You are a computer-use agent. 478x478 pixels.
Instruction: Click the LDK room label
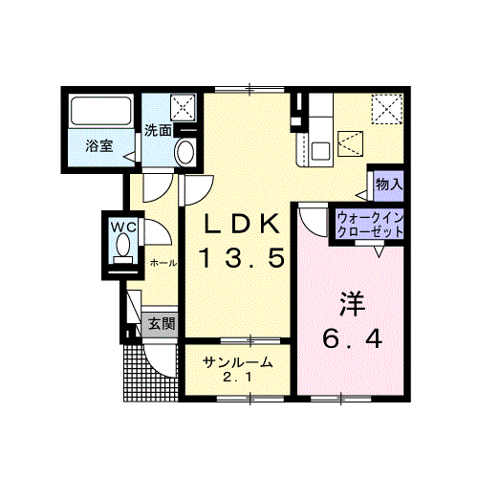click(x=242, y=224)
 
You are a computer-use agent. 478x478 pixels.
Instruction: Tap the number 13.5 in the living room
click(x=242, y=258)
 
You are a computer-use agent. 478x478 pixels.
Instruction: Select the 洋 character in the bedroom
click(x=352, y=304)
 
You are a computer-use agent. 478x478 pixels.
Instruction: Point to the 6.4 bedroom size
click(x=352, y=338)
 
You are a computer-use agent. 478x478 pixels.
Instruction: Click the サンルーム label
click(x=238, y=362)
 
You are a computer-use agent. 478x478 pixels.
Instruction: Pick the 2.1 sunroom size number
click(x=238, y=378)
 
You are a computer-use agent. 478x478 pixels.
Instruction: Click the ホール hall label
click(x=163, y=263)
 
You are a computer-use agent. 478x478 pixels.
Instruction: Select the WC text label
click(x=123, y=228)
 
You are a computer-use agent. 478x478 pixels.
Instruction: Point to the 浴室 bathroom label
click(x=99, y=146)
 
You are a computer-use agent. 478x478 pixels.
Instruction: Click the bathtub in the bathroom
click(x=101, y=111)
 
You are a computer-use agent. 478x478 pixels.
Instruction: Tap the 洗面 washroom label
click(x=158, y=130)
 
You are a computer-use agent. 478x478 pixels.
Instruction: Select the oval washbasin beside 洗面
click(x=185, y=152)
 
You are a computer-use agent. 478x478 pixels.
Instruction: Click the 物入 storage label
click(x=389, y=185)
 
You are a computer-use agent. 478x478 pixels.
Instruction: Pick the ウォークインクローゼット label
click(x=370, y=225)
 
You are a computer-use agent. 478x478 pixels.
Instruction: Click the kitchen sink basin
click(x=320, y=151)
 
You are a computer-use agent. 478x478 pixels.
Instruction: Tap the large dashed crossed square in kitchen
click(x=387, y=109)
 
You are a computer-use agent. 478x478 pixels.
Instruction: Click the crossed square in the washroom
click(x=183, y=108)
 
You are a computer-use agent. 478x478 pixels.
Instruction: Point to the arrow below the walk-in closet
click(x=379, y=251)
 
